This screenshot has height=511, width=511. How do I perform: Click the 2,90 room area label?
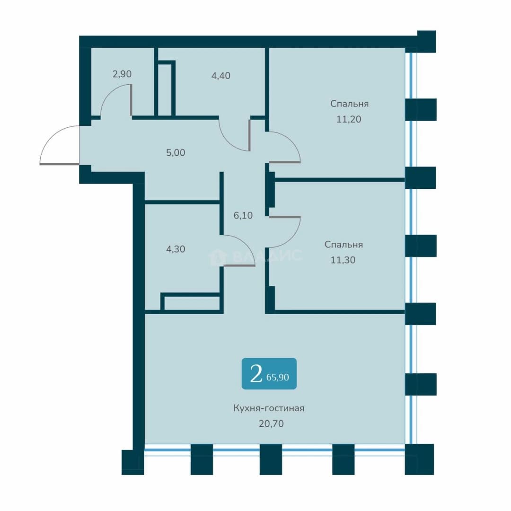(122, 74)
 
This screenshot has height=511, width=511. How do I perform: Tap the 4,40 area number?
(220, 76)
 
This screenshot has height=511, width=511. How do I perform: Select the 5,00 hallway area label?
(176, 152)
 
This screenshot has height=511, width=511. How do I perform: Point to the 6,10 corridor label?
(243, 215)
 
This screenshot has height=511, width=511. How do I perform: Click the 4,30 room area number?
(176, 249)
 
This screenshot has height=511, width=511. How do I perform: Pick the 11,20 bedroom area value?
(349, 119)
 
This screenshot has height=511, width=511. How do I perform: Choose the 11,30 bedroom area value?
(343, 260)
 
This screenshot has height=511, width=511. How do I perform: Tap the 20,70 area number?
(271, 423)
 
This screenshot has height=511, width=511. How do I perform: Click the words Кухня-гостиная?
(269, 408)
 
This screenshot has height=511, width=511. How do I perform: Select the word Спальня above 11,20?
(349, 104)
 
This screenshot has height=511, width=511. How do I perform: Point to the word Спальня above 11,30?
(344, 245)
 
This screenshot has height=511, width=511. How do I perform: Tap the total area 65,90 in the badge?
(278, 378)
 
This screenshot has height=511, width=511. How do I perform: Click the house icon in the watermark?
(217, 257)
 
